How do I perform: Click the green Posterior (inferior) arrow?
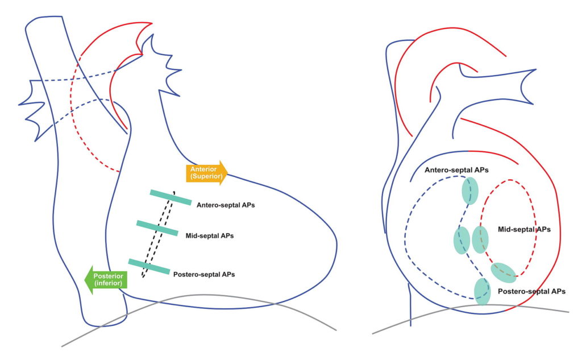(107, 279)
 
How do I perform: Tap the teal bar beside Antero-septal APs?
(171, 197)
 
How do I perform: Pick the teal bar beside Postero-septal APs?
(148, 266)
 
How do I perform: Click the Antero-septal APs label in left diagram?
(225, 205)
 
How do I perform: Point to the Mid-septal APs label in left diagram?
(210, 234)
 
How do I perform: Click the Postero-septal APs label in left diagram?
(203, 274)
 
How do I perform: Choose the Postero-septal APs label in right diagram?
(531, 291)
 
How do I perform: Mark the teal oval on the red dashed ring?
(480, 239)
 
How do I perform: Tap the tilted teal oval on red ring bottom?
(504, 272)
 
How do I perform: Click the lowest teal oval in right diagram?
(482, 291)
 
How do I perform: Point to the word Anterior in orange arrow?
(203, 169)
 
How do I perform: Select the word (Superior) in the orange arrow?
(204, 176)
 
